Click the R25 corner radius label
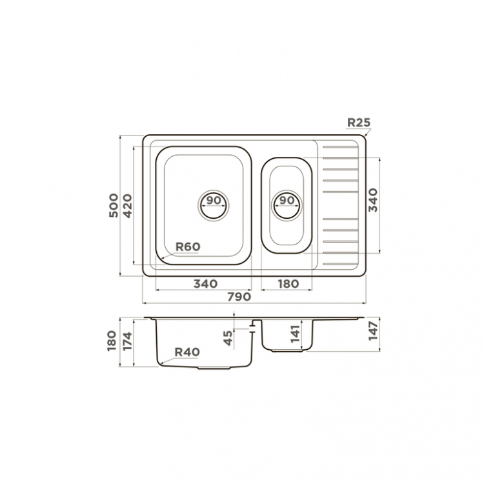tap(359, 123)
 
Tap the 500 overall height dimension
tap(114, 205)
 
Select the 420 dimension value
tap(127, 206)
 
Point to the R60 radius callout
tap(188, 247)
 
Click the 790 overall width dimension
tap(239, 297)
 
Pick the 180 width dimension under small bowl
tap(288, 284)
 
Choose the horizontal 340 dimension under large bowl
tap(206, 284)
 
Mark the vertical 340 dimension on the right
tap(373, 200)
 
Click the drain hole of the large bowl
tap(214, 205)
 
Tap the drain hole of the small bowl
tap(287, 205)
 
